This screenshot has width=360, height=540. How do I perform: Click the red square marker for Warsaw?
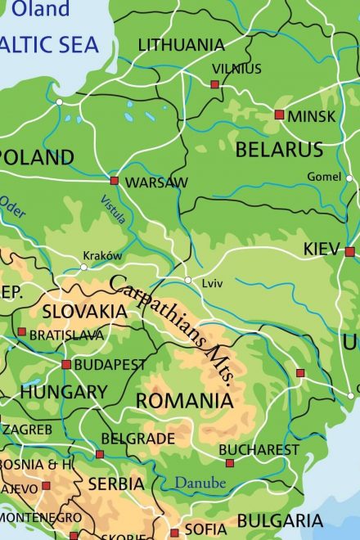tap(115, 180)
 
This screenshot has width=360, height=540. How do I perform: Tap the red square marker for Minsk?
tap(279, 115)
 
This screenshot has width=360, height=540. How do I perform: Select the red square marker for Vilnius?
tap(215, 84)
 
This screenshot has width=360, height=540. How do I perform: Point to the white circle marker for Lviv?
tap(188, 281)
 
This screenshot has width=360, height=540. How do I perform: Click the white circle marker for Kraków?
tap(83, 267)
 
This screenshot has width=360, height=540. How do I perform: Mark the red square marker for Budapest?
tap(66, 364)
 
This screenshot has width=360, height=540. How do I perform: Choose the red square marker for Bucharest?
tap(230, 463)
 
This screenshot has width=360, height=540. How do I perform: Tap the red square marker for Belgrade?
tap(100, 454)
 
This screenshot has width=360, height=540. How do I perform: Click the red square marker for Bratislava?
tap(21, 331)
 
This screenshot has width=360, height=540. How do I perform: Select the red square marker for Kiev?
tap(350, 252)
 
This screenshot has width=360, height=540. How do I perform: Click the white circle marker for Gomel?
tap(349, 178)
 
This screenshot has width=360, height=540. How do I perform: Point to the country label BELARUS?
tap(279, 150)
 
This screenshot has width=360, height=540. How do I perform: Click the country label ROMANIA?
tap(184, 401)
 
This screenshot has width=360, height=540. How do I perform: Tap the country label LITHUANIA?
tap(181, 44)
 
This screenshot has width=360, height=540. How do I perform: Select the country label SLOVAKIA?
tap(84, 312)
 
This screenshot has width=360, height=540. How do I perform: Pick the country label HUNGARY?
tap(63, 393)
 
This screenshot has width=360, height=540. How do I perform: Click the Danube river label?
tap(199, 484)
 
